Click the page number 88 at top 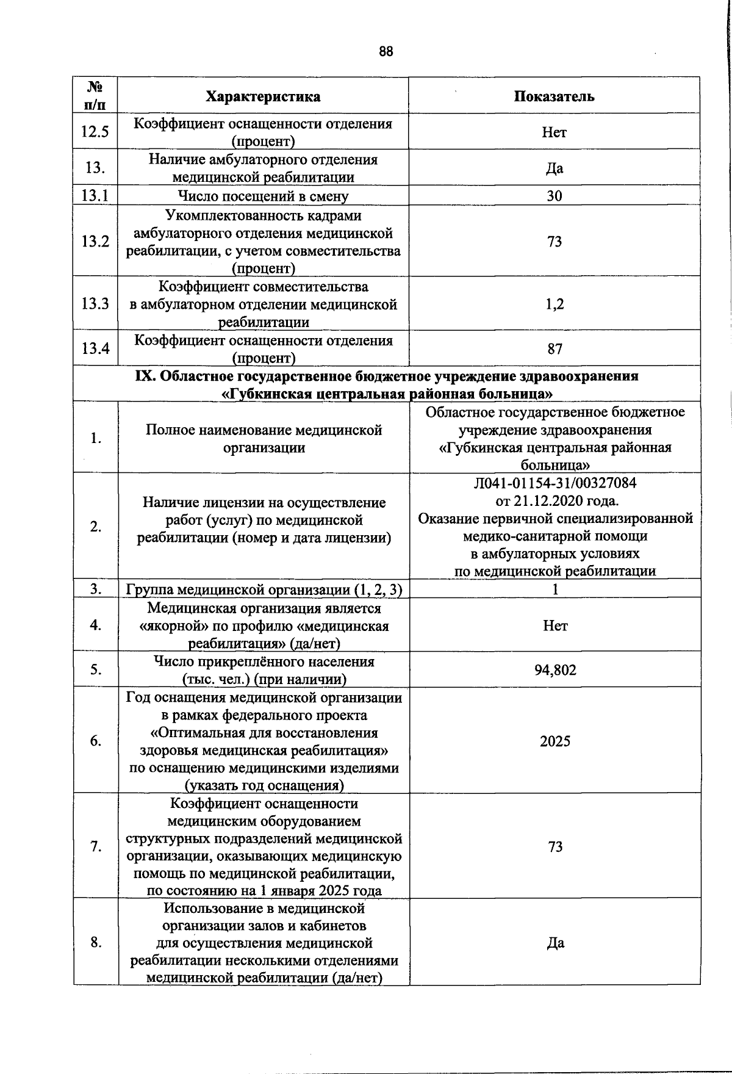(x=386, y=51)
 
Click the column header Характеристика (x=263, y=96)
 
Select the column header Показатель (x=554, y=96)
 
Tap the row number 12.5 (x=95, y=132)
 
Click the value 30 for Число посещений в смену (x=554, y=196)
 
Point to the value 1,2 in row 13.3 (x=554, y=304)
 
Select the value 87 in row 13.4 (x=554, y=349)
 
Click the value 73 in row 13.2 (x=554, y=242)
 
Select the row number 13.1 (x=95, y=196)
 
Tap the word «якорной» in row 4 (x=168, y=626)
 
